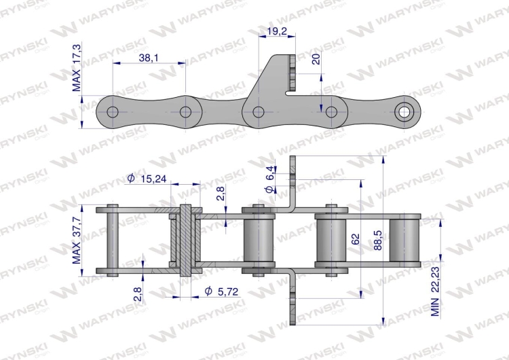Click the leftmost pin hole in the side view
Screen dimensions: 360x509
coord(113,111)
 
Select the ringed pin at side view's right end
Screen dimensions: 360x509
coord(405,111)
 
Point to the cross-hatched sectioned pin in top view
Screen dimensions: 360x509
coord(185,241)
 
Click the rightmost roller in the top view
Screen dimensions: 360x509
coord(404,241)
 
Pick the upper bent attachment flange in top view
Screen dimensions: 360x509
coord(294,187)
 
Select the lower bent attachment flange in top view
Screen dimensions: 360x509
coord(294,295)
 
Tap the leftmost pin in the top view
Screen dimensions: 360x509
coord(113,241)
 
